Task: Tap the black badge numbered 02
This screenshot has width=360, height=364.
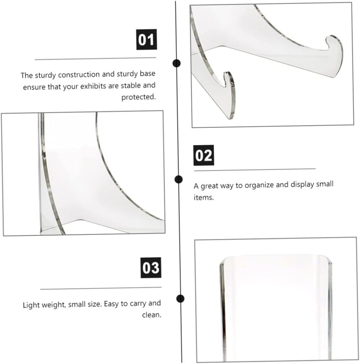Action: click(203, 155)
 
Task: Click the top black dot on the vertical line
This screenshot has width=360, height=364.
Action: click(177, 64)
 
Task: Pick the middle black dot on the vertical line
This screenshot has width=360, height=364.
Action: click(178, 179)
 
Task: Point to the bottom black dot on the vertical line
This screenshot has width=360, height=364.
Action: click(181, 298)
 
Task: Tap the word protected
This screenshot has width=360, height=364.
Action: click(139, 97)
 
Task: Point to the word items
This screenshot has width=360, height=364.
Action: click(204, 198)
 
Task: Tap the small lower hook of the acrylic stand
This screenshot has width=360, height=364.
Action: click(228, 78)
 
